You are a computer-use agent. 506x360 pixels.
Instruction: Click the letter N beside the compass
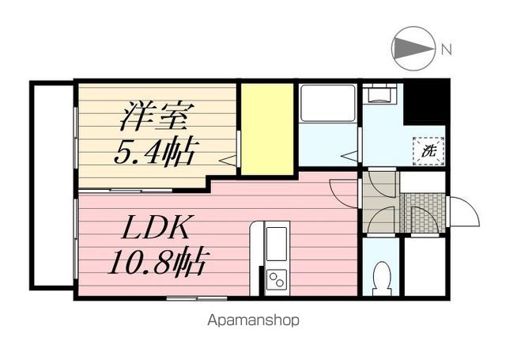(447, 49)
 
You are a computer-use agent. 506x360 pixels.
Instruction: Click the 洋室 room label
(155, 116)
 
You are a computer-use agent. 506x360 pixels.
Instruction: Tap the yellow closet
(267, 128)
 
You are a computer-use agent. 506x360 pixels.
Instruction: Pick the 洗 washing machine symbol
(429, 149)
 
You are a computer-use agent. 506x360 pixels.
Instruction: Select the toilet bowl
(383, 279)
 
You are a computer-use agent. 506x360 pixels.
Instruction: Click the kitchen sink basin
(277, 242)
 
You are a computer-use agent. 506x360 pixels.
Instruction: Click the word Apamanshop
(253, 321)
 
